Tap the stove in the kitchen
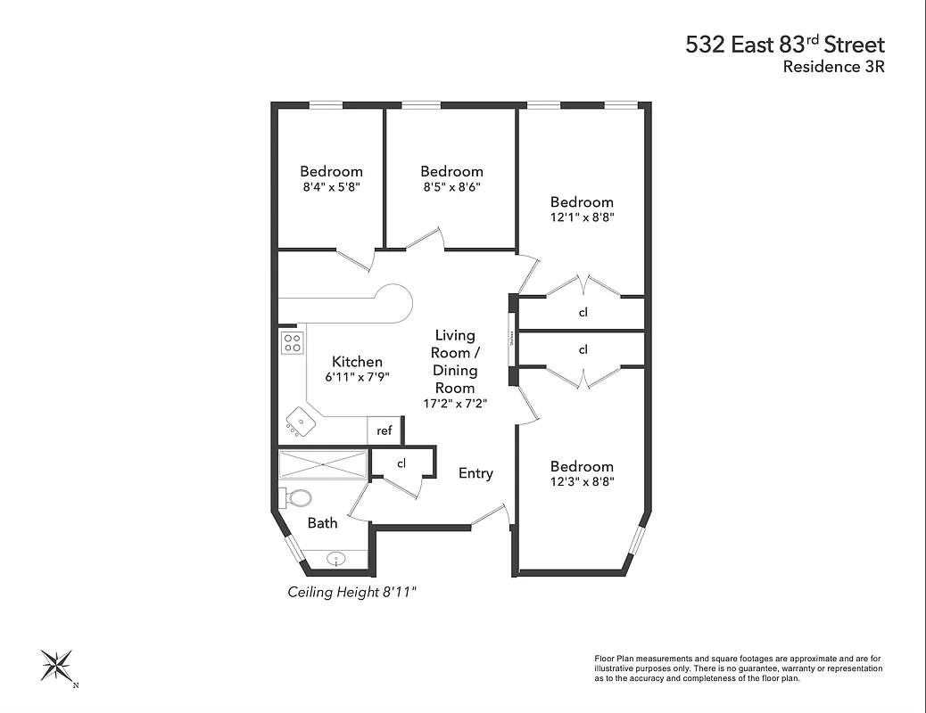pos(292,342)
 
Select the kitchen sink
pos(301,422)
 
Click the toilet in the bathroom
pos(297,497)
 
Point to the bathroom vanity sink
pos(337,560)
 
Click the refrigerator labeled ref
pos(384,430)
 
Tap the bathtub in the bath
pos(323,465)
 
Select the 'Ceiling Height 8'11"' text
pos(351,592)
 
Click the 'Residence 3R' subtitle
pos(833,66)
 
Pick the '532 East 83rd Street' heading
pos(785,44)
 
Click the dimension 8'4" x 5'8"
pos(331,187)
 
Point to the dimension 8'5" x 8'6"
pos(451,187)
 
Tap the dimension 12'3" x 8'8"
pos(582,482)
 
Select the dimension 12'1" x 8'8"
pos(582,217)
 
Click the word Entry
pos(475,473)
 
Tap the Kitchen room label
pos(357,361)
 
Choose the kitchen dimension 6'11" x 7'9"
pos(357,377)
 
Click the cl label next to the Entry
pos(401,463)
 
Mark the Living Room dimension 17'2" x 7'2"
pos(455,404)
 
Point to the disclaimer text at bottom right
pos(738,668)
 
